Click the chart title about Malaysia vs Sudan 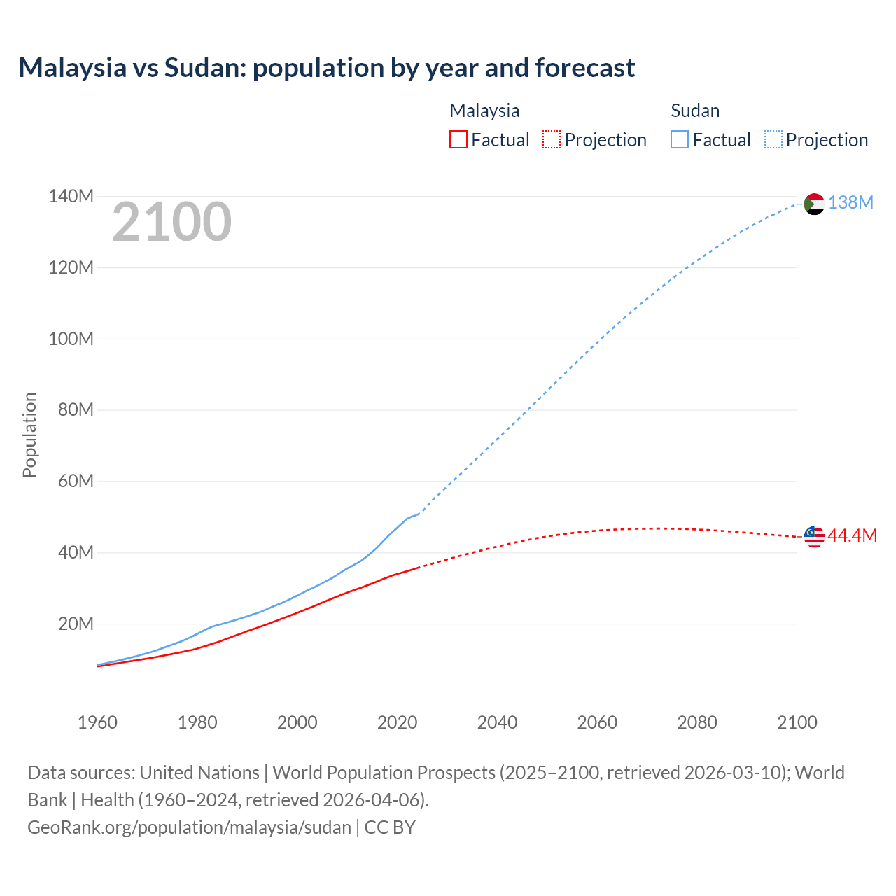(x=326, y=68)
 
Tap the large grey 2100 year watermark (x=171, y=222)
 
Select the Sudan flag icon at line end (x=814, y=204)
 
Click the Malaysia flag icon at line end (x=814, y=536)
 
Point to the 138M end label (x=850, y=203)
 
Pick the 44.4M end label (x=852, y=536)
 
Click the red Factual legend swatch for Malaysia (x=458, y=140)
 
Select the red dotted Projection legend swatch (x=552, y=140)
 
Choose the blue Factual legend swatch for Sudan (x=680, y=140)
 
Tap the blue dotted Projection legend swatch (x=773, y=140)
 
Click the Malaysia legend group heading (x=484, y=111)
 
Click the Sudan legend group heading (x=695, y=111)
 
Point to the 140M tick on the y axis (x=71, y=197)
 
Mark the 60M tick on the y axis (x=75, y=482)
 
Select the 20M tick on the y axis (x=75, y=624)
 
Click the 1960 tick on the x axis (x=97, y=722)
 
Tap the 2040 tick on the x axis (x=497, y=722)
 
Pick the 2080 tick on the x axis (x=697, y=722)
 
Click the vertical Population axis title (x=29, y=435)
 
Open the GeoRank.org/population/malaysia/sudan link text (x=189, y=827)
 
